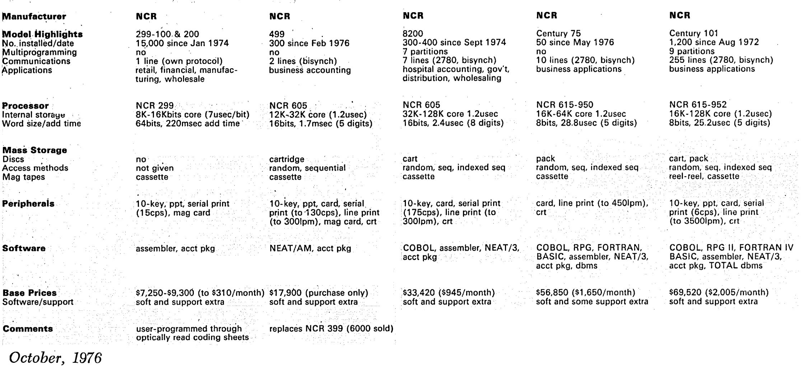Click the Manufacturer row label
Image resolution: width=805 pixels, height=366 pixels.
pyautogui.click(x=34, y=17)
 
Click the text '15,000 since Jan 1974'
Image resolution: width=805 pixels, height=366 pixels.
pyautogui.click(x=182, y=43)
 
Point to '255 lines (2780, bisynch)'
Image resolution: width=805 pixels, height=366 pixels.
pyautogui.click(x=721, y=60)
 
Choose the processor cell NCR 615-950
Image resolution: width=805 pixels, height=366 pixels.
pyautogui.click(x=565, y=105)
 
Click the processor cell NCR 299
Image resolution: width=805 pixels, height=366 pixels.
pyautogui.click(x=155, y=106)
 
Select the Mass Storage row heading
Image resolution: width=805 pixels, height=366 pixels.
pyautogui.click(x=34, y=150)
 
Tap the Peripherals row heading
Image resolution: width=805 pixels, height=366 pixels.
pyautogui.click(x=28, y=204)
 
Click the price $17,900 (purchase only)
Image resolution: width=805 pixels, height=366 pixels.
pyautogui.click(x=319, y=293)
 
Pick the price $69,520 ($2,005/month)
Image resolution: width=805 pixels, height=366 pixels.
pyautogui.click(x=719, y=292)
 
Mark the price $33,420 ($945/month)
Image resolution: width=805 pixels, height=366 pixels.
pyautogui.click(x=449, y=293)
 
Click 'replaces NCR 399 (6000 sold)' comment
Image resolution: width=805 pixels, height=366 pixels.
pyautogui.click(x=331, y=328)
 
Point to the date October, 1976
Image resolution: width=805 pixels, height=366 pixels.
pyautogui.click(x=56, y=358)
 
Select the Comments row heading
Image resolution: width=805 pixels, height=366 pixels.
pyautogui.click(x=28, y=329)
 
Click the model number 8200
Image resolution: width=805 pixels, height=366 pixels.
pyautogui.click(x=413, y=33)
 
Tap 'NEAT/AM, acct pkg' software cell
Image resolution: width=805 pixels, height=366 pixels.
pyautogui.click(x=310, y=248)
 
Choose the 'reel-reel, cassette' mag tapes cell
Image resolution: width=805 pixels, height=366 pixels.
pyautogui.click(x=704, y=176)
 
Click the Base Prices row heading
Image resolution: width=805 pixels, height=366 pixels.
pyautogui.click(x=29, y=293)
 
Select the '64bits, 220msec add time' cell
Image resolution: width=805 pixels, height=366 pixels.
pyautogui.click(x=187, y=124)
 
